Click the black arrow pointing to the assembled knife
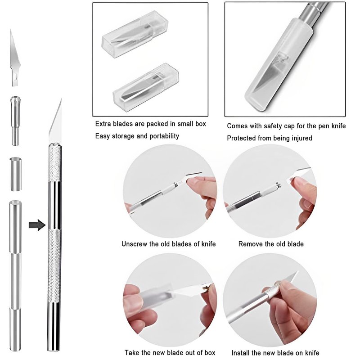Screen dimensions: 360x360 coord(37,225)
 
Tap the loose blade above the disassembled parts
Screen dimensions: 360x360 coord(14,58)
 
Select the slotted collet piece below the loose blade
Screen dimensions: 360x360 coord(15,121)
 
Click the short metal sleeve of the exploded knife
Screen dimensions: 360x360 coord(16,174)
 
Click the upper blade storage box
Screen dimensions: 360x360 coord(135,34)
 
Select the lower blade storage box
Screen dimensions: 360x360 coord(146,87)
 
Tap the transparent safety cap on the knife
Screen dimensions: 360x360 coord(279,65)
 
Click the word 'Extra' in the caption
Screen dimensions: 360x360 coord(103,124)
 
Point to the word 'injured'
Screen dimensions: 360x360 coord(301,138)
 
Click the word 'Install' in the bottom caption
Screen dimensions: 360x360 coord(240,353)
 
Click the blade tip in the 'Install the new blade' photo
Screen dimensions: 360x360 coord(298,271)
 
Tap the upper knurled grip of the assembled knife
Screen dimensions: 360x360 coord(55,162)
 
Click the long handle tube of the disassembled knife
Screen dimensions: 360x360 coord(16,275)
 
